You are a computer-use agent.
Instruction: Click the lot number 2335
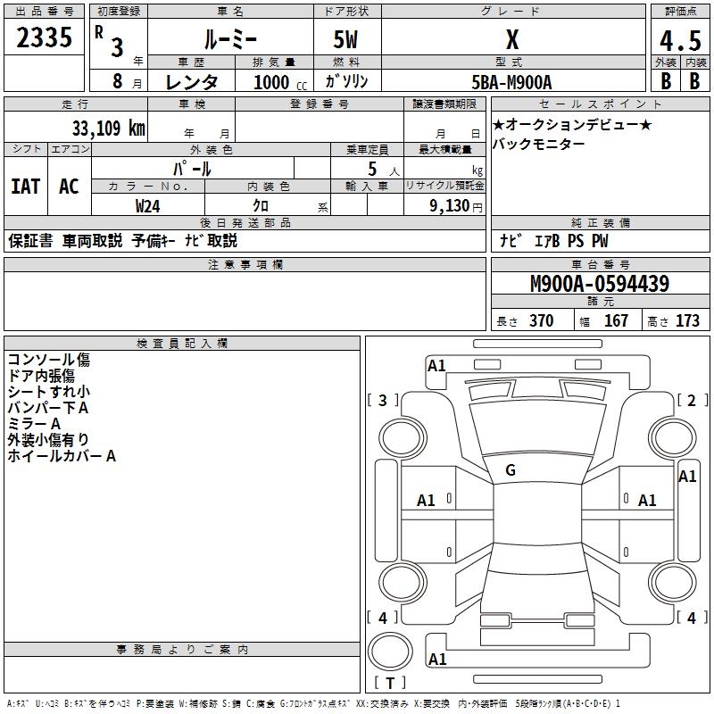[x=45, y=38]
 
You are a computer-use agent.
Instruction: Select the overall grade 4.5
[x=680, y=42]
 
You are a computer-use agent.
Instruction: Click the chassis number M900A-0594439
[x=600, y=284]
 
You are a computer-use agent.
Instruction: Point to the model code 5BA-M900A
[x=511, y=82]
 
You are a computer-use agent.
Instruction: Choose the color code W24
[x=148, y=205]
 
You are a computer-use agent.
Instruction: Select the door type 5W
[x=346, y=42]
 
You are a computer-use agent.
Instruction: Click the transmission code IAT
[x=25, y=186]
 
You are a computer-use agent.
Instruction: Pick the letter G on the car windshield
[x=511, y=470]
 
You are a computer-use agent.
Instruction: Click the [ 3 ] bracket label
[x=383, y=401]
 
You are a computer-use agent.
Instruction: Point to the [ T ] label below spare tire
[x=390, y=683]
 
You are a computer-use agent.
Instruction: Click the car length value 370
[x=541, y=320]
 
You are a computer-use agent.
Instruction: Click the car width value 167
[x=616, y=320]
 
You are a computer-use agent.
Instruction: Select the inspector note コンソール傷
[x=49, y=360]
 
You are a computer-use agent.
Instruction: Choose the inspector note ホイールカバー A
[x=62, y=456]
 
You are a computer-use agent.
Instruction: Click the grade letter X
[x=511, y=40]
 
